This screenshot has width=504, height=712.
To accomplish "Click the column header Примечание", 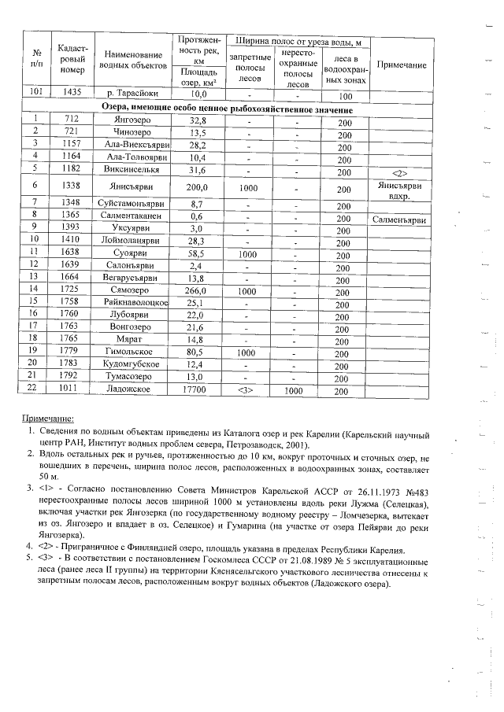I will tap(402, 65).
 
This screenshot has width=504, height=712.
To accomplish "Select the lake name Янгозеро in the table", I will tap(132, 120).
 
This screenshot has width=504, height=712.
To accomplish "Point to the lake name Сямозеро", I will tap(132, 290).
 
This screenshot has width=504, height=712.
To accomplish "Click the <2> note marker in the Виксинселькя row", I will tap(402, 171).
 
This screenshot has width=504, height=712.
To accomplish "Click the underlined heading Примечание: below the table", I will tap(47, 418).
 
